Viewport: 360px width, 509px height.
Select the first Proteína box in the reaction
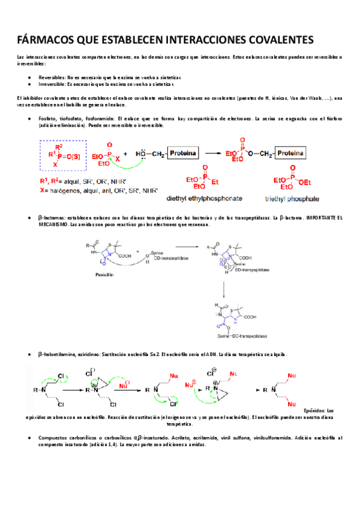pos(182,154)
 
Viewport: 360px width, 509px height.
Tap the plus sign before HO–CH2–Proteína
pos(125,154)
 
